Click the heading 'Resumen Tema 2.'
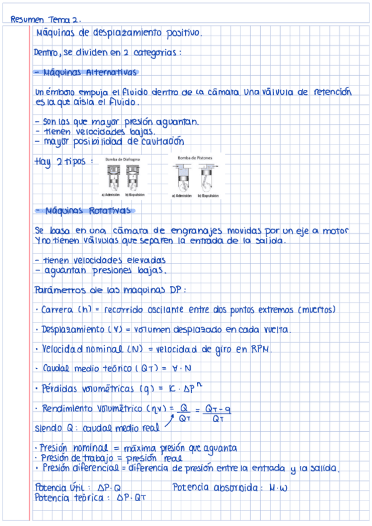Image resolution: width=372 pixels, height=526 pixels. tap(46, 19)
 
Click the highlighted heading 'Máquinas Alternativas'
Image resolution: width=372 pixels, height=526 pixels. tap(89, 72)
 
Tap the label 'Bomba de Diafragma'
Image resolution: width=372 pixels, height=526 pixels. tap(122, 159)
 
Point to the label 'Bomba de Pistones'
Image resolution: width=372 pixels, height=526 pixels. tap(195, 158)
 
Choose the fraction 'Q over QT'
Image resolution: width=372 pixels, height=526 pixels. tap(183, 412)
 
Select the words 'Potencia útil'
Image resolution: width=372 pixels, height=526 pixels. tap(55, 488)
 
